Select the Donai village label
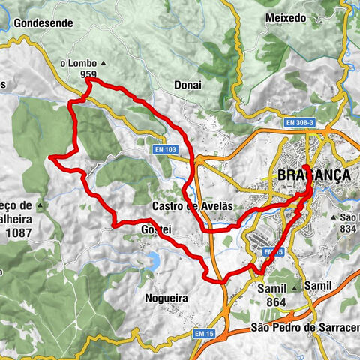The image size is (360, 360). coord(187,85)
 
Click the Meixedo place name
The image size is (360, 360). coord(286,17)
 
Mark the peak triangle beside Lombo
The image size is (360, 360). coord(103,64)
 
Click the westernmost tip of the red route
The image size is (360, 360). coord(50,157)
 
